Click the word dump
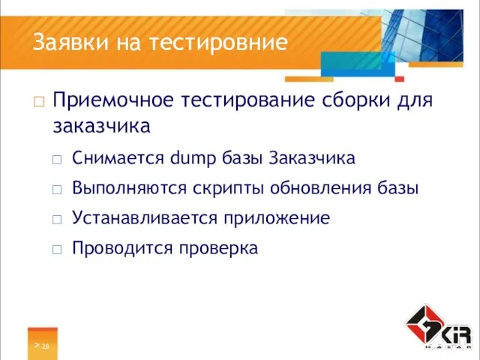click(192, 158)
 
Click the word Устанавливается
click(140, 218)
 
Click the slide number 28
click(46, 346)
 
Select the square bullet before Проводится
click(58, 249)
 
